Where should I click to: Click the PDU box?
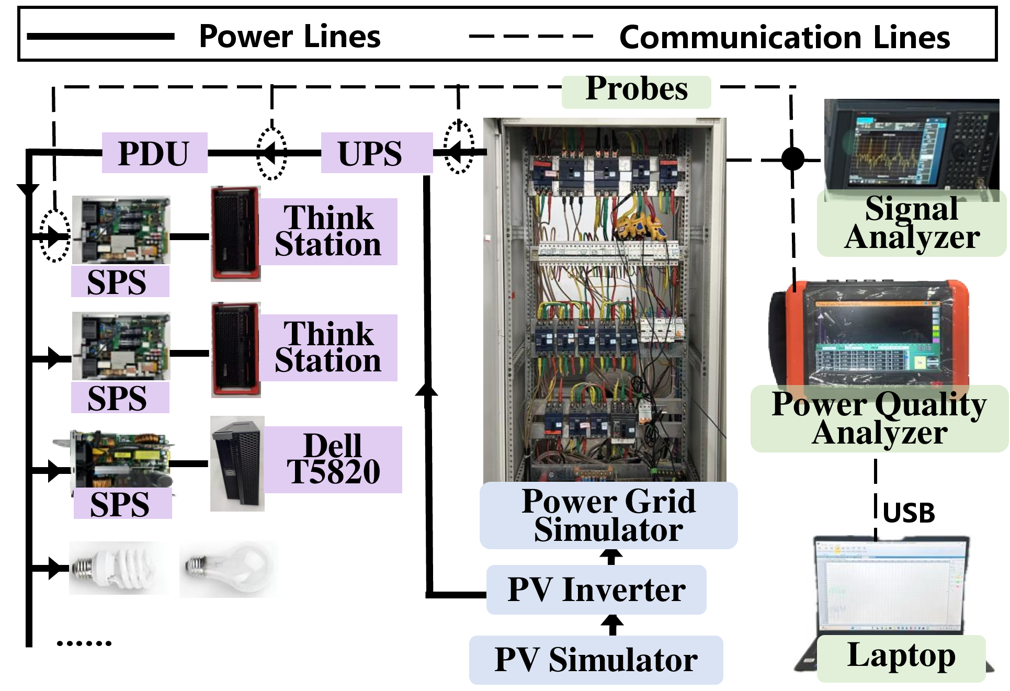point(154,153)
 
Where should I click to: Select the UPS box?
point(377,153)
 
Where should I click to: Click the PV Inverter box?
point(596,590)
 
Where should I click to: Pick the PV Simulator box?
point(596,660)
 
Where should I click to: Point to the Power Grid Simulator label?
point(609,515)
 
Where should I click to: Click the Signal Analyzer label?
point(912,223)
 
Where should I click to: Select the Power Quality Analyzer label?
point(880,418)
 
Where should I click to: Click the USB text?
point(909,513)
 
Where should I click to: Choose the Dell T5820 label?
point(333,459)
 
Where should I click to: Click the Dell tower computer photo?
point(237,463)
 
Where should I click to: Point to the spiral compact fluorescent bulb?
point(119,568)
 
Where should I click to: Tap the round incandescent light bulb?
point(229,569)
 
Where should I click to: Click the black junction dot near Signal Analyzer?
point(793,159)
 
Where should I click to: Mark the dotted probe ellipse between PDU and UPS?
point(271,153)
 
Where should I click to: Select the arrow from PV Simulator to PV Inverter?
point(612,625)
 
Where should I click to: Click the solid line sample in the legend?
point(100,36)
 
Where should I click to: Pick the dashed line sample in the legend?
point(530,36)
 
